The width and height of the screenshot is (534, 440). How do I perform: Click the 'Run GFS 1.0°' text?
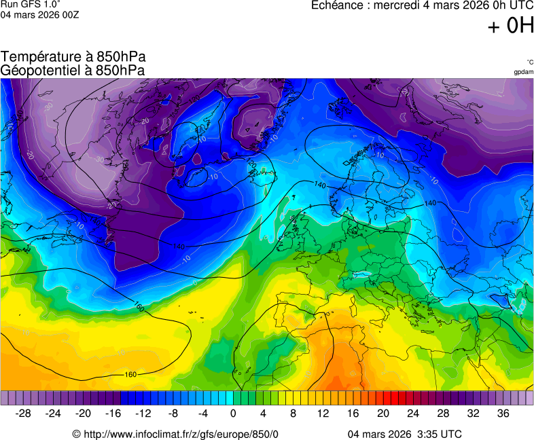(x=26, y=4)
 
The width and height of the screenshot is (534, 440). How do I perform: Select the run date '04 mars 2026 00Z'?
(x=39, y=14)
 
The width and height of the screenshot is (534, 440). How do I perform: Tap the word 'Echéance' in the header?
(x=338, y=5)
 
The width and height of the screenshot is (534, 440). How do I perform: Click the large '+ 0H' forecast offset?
(x=511, y=26)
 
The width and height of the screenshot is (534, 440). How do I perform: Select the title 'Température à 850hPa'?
(x=73, y=57)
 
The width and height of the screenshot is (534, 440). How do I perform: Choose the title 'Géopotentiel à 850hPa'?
(x=73, y=70)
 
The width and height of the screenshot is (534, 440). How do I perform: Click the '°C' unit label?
(x=529, y=62)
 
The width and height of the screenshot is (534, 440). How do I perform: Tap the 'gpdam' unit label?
(x=523, y=72)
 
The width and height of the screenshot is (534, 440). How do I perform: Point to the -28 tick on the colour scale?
(x=24, y=414)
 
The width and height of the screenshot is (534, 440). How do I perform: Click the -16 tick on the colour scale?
(x=113, y=414)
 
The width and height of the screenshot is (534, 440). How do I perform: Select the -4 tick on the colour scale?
(x=203, y=414)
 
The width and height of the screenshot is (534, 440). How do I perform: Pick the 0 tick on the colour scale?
(x=233, y=414)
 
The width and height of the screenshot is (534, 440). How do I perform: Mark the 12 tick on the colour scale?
(x=323, y=414)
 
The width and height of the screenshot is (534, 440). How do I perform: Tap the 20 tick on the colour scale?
(x=382, y=414)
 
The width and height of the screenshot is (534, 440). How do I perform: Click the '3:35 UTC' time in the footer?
(x=439, y=434)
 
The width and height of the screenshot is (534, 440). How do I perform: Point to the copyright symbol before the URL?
(x=76, y=434)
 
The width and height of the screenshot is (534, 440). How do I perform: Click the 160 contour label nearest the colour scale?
(x=131, y=375)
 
